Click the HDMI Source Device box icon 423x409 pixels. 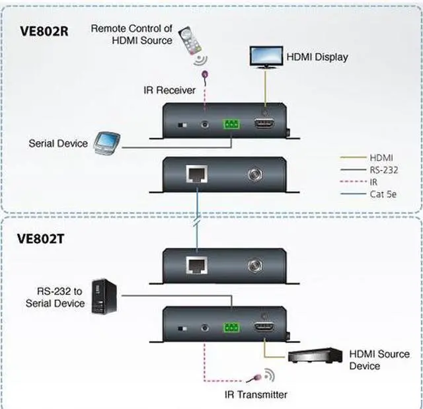click(314, 357)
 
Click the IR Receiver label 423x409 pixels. click(169, 90)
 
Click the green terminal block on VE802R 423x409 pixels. click(231, 124)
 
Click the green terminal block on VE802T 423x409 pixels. click(231, 326)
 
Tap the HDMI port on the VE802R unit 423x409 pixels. click(266, 124)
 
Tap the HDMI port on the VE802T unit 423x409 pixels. click(266, 326)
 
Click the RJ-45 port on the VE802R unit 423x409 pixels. click(195, 175)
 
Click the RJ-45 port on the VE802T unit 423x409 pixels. click(195, 267)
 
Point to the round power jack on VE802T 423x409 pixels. click(254, 267)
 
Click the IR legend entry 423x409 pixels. click(375, 182)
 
